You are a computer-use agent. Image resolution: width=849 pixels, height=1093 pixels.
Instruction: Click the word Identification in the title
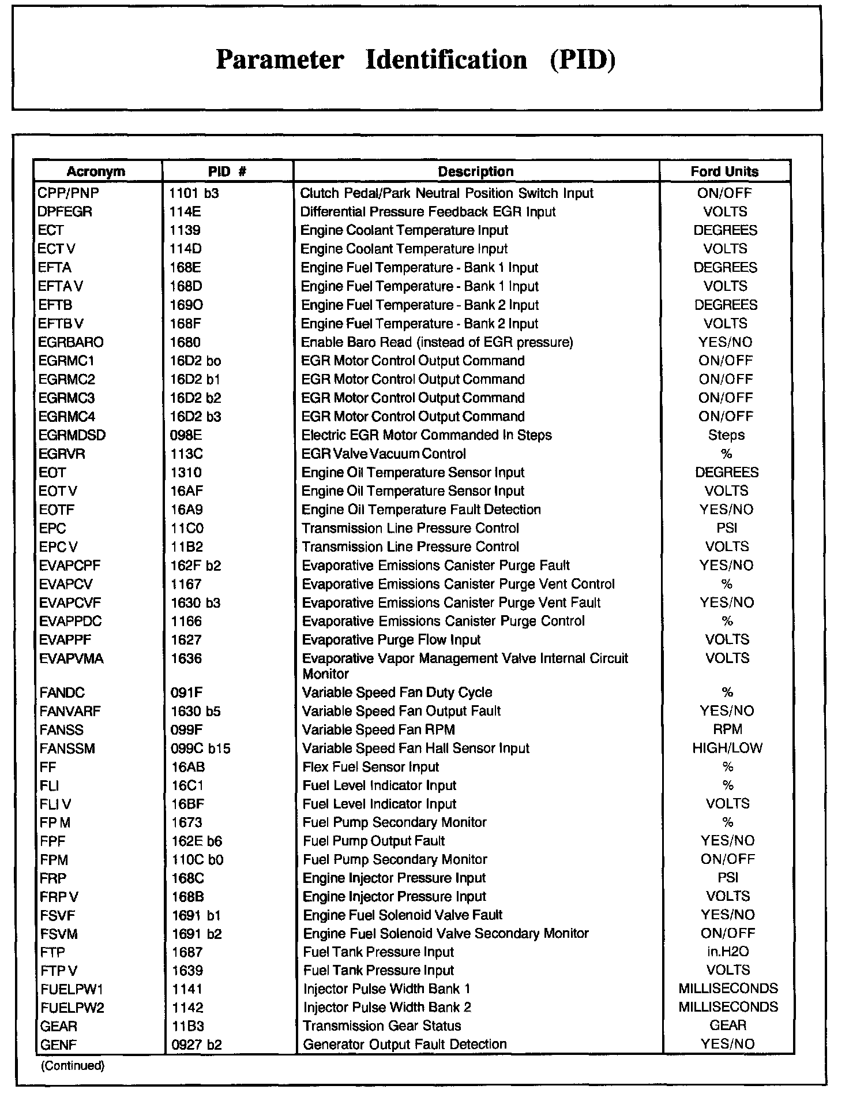(x=446, y=60)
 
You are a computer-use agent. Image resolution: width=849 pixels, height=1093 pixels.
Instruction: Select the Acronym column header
(x=96, y=171)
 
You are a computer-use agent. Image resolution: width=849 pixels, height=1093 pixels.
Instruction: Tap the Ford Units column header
(x=724, y=171)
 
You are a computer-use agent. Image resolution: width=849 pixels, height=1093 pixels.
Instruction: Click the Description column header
(x=475, y=171)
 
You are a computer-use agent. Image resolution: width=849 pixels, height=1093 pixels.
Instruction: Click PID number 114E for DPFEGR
(x=185, y=212)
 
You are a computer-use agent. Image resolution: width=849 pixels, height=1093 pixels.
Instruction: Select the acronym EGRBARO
(x=71, y=342)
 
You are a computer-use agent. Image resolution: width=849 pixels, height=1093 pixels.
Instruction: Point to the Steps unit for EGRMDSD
(x=726, y=435)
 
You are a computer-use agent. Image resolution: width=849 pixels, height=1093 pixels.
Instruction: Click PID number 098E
(x=186, y=435)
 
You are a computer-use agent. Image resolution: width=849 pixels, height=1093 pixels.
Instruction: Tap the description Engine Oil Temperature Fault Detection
(x=421, y=510)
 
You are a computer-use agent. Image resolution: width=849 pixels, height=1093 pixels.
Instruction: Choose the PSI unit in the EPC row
(x=727, y=528)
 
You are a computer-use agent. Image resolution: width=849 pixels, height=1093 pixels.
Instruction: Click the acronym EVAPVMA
(x=72, y=658)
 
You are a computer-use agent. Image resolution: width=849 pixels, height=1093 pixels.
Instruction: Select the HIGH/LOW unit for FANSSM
(x=727, y=748)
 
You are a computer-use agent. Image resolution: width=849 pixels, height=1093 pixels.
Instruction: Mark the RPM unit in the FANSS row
(x=727, y=729)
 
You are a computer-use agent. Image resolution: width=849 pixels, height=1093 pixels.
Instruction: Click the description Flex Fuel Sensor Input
(x=370, y=767)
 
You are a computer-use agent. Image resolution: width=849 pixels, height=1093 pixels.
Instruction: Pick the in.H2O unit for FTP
(x=728, y=952)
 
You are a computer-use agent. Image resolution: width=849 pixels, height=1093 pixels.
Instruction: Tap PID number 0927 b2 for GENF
(x=197, y=1045)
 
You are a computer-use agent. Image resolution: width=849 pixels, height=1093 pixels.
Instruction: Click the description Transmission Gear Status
(x=382, y=1026)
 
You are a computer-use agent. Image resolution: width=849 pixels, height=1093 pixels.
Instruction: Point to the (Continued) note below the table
(x=73, y=1066)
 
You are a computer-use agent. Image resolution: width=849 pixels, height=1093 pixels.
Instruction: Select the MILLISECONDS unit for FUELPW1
(x=728, y=989)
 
